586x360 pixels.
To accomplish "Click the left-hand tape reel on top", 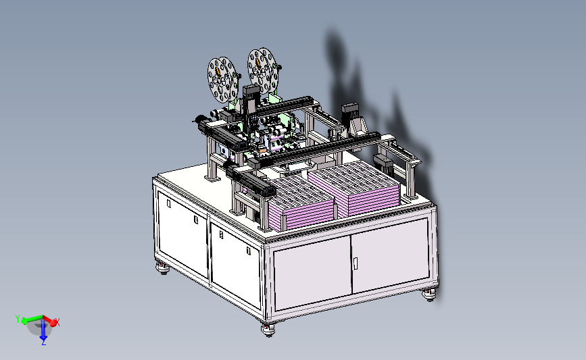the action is point(222,79).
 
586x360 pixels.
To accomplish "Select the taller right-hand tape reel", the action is point(262,71).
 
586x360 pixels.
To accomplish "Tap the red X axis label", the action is point(57,322).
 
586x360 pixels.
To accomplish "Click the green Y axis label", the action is point(17,319).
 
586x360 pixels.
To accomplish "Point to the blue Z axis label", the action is point(44,341).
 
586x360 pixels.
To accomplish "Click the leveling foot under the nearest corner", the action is point(268,330).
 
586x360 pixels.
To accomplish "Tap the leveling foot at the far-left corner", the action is point(163,268).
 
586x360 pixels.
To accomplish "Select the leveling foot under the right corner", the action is point(429,294).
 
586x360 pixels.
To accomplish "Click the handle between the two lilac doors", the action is point(355,263).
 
